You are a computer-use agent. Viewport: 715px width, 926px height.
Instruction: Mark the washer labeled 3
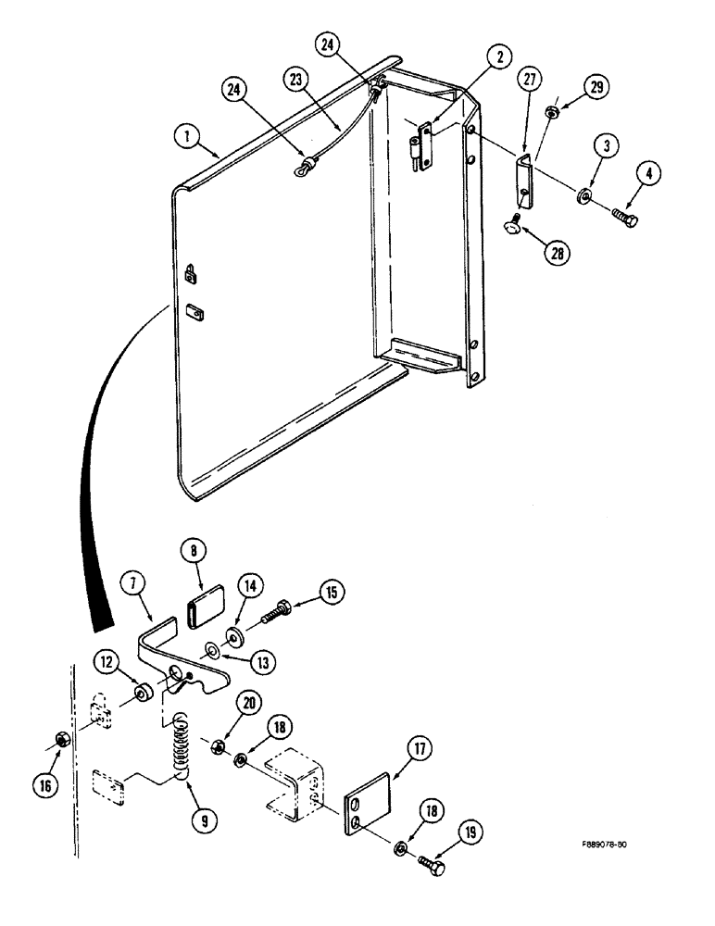coord(584,195)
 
